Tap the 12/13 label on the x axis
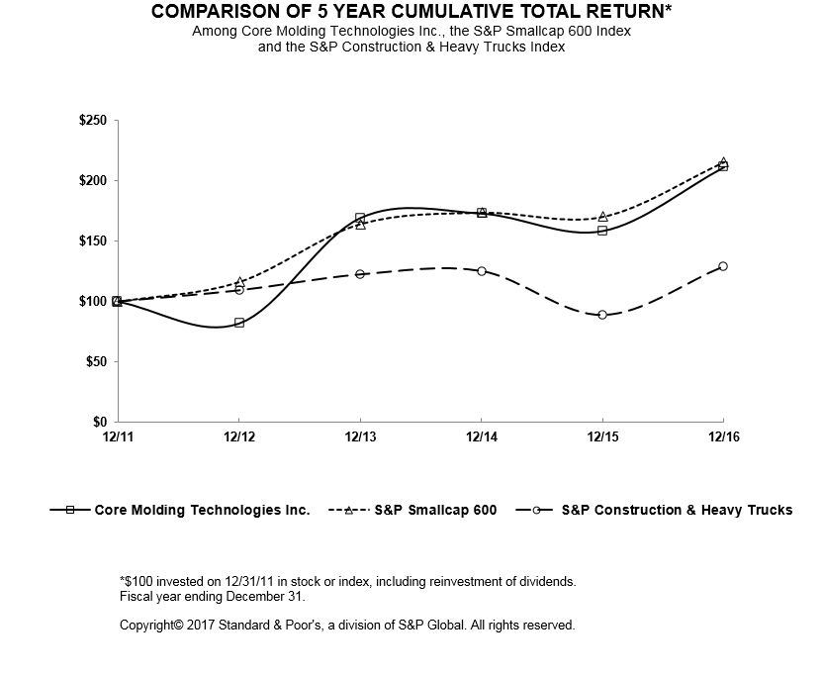tap(360, 436)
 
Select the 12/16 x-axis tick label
tap(723, 436)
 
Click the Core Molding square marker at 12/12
tap(239, 323)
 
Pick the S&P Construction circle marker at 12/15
tap(602, 315)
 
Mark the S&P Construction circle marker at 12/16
tap(723, 266)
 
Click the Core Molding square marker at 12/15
tap(602, 231)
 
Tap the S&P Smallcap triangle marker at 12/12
tap(239, 282)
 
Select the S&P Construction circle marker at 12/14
tap(482, 270)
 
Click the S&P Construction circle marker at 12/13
tap(360, 274)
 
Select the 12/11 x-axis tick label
tap(119, 436)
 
